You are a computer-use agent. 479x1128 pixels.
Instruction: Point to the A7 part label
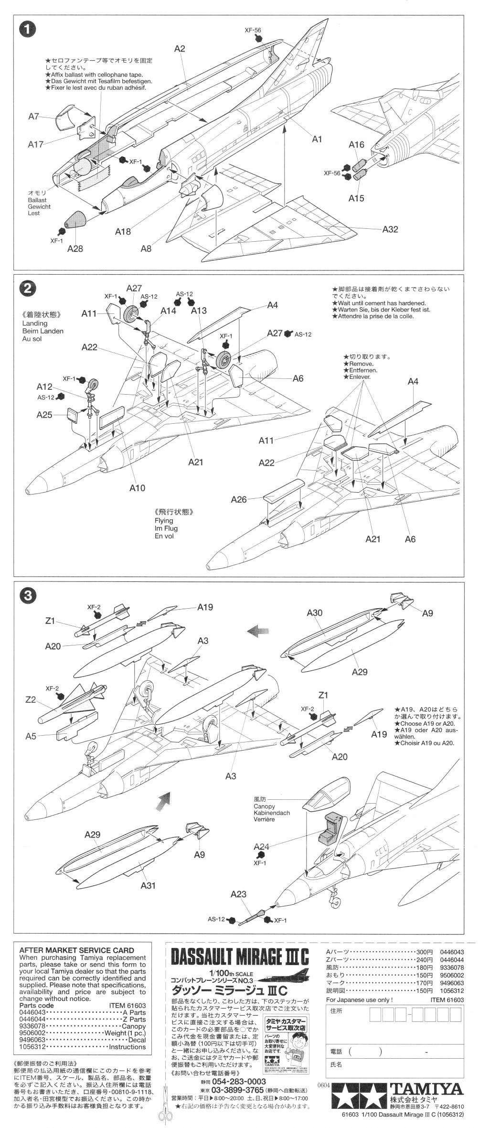pos(33,116)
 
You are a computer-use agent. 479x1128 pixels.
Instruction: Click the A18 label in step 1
pos(123,231)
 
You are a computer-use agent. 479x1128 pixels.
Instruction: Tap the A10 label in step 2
pos(137,488)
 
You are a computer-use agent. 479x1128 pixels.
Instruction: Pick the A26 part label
pos(239,499)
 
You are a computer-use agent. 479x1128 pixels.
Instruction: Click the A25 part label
pos(44,415)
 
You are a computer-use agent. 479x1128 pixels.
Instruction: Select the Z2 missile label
pos(31,699)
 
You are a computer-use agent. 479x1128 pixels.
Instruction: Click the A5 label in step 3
pos(31,736)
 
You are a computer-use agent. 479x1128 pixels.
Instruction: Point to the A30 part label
pos(315,612)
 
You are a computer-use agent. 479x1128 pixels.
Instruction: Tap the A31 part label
pos(149,885)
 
